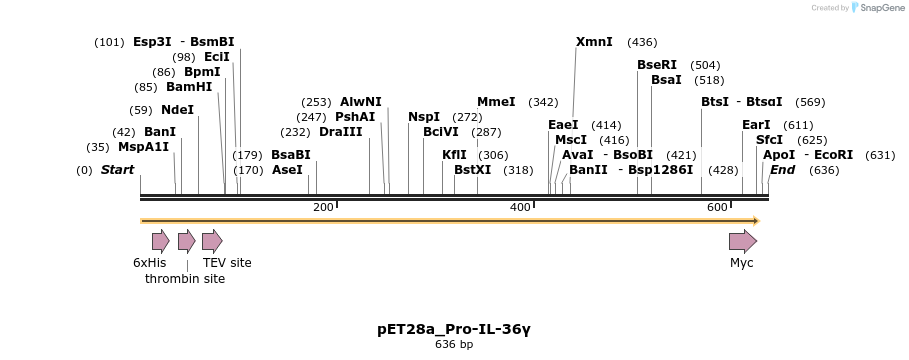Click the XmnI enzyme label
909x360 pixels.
pos(594,42)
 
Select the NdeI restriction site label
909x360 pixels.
pos(177,110)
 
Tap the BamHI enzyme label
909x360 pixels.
pos(189,87)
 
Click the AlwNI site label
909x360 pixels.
pos(360,102)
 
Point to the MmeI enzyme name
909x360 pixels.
pos(496,102)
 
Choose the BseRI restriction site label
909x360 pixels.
pos(657,65)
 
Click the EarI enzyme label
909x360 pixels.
pos(756,125)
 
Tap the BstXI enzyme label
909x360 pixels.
pos(473,170)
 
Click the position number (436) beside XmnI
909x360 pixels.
pos(642,42)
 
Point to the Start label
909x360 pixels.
pos(117,170)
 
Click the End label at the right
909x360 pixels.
pos(782,170)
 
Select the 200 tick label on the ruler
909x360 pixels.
pos(323,207)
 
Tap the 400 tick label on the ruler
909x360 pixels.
pos(520,207)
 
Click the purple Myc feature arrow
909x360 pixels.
pos(742,241)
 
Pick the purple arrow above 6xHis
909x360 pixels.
pos(160,241)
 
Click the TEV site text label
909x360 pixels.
pos(227,263)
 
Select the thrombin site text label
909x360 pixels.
pos(185,279)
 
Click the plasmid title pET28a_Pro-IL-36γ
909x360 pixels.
pos(454,328)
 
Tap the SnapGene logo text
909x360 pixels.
pos(876,8)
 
